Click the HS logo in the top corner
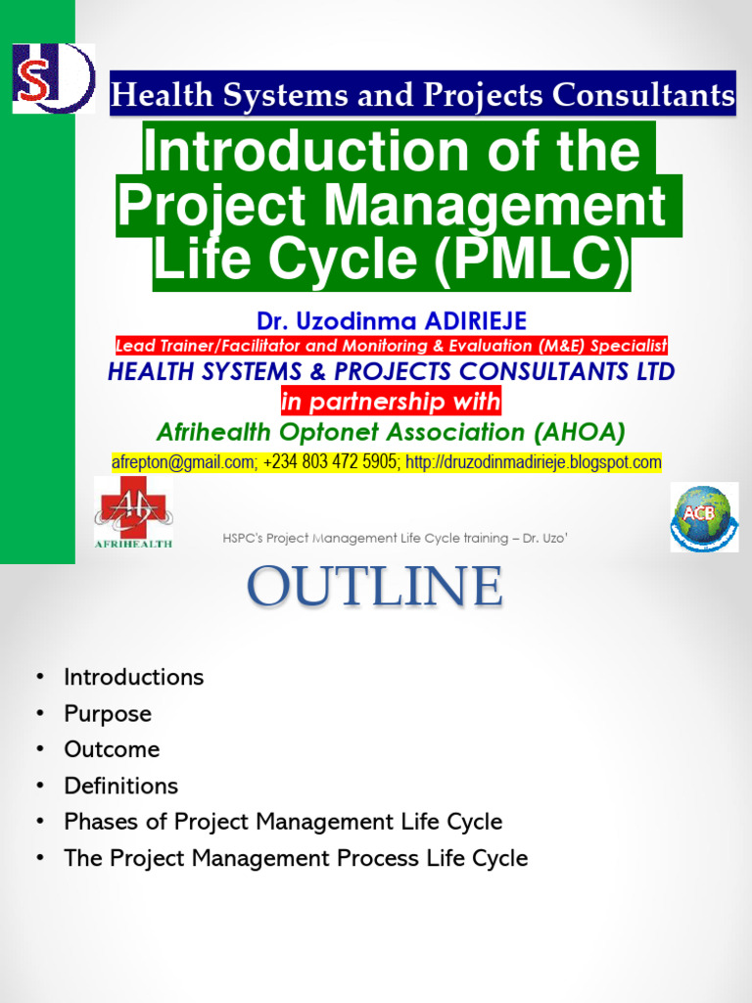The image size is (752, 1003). click(x=53, y=77)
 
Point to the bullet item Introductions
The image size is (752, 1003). click(x=133, y=677)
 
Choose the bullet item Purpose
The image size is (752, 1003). click(x=108, y=714)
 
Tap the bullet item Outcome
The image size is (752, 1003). click(x=112, y=749)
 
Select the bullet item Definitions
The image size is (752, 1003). click(x=121, y=786)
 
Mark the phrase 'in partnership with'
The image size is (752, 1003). click(x=391, y=401)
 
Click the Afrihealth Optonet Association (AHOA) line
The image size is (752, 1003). click(x=391, y=431)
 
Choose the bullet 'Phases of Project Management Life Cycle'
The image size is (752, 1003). click(x=283, y=822)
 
